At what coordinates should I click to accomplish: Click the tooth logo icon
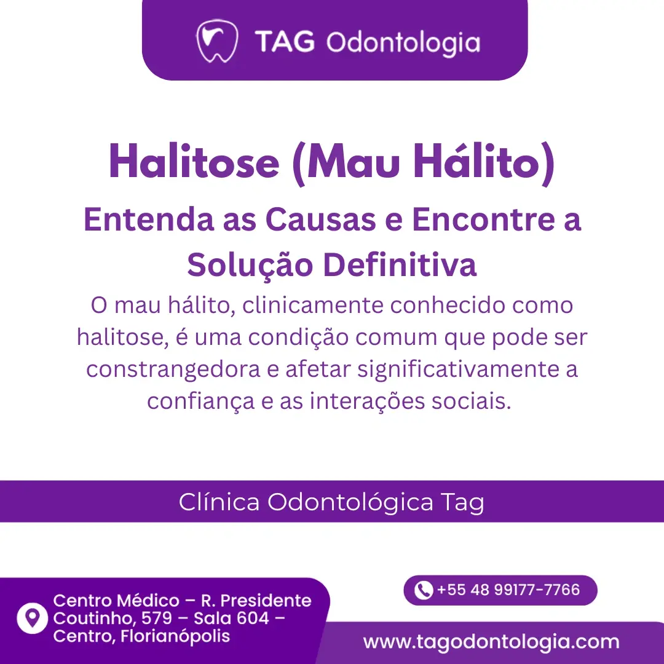tap(217, 41)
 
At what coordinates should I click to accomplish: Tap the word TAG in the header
tap(285, 42)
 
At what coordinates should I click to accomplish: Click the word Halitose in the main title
tap(194, 162)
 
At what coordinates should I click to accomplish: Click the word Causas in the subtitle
tap(320, 219)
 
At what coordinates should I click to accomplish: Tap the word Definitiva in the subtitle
tap(400, 264)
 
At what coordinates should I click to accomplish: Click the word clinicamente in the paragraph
tap(313, 305)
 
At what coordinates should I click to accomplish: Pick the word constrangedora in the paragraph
tap(173, 370)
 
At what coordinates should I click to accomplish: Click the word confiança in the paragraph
tap(200, 401)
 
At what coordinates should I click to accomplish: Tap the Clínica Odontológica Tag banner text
tap(331, 502)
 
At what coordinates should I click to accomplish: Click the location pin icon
tap(32, 618)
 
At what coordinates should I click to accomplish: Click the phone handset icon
tap(423, 590)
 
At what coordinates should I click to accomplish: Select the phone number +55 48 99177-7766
tap(508, 590)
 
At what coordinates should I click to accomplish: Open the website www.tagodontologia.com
tap(491, 642)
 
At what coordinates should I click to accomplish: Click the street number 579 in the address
tap(157, 619)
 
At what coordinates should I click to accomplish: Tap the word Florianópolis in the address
tap(175, 636)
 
